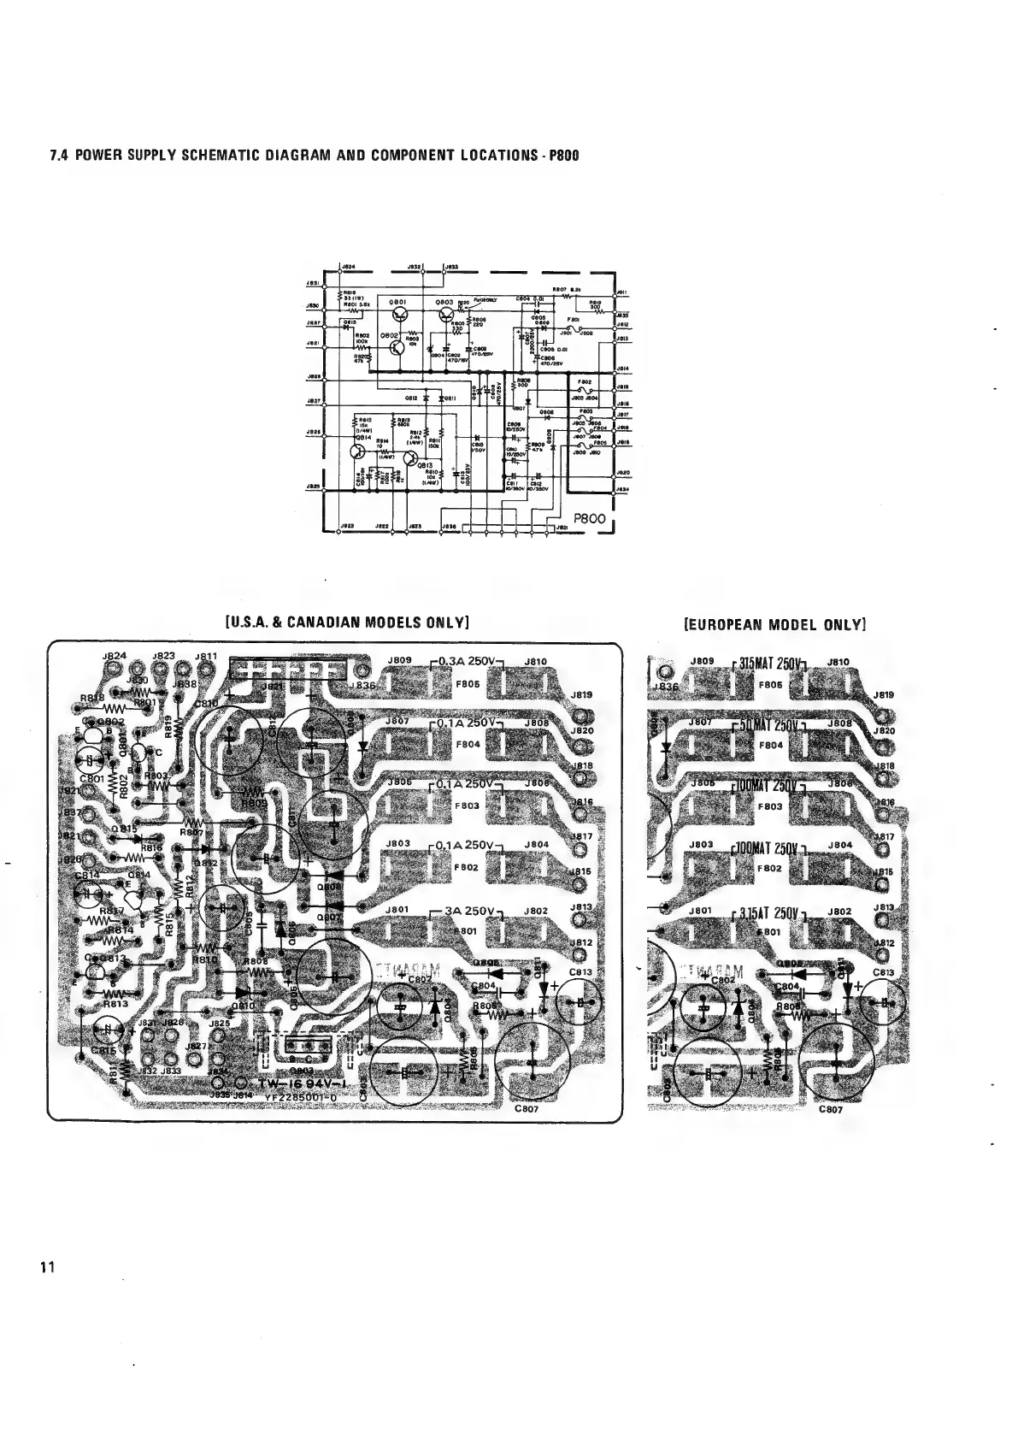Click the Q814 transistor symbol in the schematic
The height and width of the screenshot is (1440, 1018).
359,451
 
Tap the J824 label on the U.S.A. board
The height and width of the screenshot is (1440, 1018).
114,656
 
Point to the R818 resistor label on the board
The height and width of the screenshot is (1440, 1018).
92,699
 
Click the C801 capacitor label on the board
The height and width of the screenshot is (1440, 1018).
91,779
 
